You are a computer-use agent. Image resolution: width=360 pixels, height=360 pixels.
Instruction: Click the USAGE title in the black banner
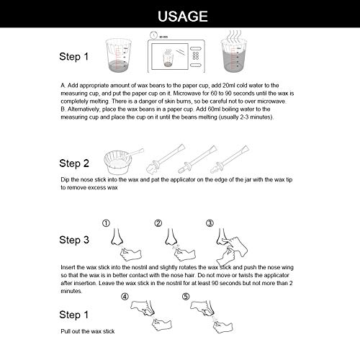coord(180,16)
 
